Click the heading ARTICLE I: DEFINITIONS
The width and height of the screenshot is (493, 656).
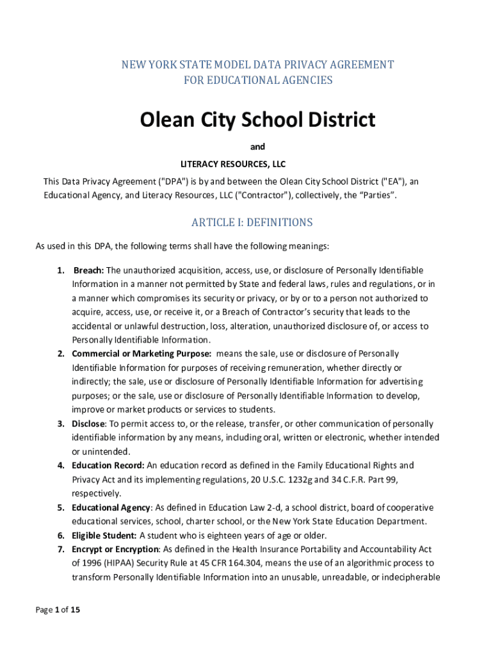[x=252, y=222]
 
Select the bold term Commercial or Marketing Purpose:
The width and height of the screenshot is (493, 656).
[x=141, y=354]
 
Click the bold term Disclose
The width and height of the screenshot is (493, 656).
[x=88, y=423]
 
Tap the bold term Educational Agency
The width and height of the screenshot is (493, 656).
[x=111, y=507]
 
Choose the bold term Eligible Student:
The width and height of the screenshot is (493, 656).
[x=104, y=536]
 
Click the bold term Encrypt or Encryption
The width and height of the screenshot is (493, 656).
[x=115, y=549]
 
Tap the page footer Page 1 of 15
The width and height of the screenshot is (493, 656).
[x=58, y=610]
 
